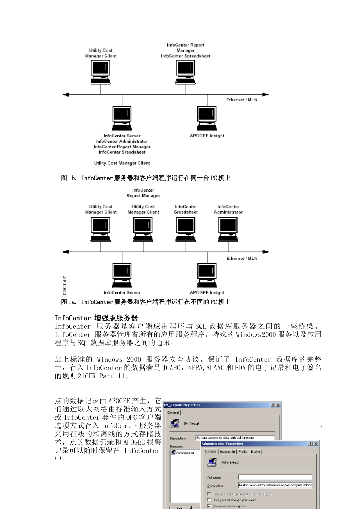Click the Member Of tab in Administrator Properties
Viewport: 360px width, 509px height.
click(x=227, y=451)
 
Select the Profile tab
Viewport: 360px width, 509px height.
click(x=243, y=451)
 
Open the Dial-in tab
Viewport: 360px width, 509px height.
click(x=255, y=451)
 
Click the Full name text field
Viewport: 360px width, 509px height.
click(x=275, y=477)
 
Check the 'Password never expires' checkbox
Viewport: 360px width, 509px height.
click(x=209, y=506)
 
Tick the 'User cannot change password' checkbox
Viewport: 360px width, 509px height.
click(x=209, y=500)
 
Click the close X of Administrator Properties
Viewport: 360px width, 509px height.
click(x=316, y=443)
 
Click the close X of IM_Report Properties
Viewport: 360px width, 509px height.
click(x=279, y=405)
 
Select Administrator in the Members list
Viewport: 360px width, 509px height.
click(x=185, y=453)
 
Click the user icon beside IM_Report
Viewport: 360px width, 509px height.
click(x=175, y=423)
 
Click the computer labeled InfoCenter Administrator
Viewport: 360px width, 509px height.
click(x=228, y=229)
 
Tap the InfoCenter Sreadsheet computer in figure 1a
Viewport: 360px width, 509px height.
click(x=186, y=229)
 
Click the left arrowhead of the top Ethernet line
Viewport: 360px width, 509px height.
click(x=65, y=94)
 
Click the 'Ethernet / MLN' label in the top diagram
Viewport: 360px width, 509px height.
click(x=242, y=100)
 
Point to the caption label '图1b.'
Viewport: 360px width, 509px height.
click(x=69, y=178)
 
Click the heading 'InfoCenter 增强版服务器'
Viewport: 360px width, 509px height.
click(x=96, y=318)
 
